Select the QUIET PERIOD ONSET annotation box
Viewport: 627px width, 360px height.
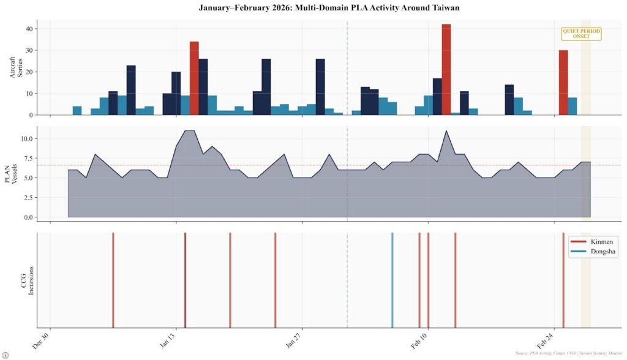pos(581,34)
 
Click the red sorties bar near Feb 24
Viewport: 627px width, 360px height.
pos(563,83)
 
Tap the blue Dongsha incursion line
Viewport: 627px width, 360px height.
pos(392,280)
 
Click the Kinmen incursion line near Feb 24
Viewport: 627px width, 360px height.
pos(563,280)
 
